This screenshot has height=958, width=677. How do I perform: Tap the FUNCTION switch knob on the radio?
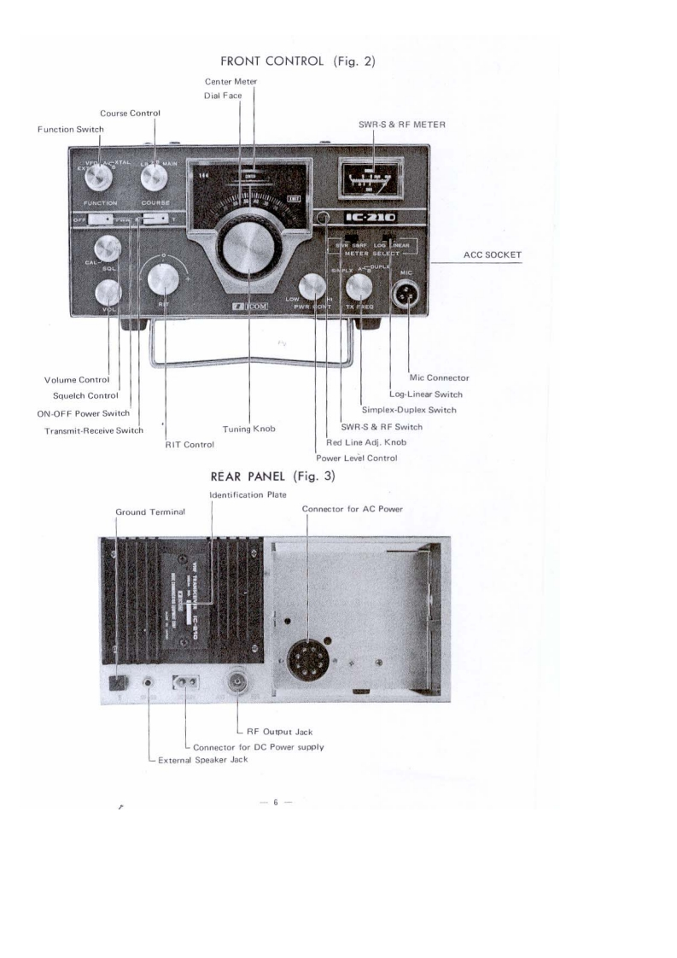(x=101, y=178)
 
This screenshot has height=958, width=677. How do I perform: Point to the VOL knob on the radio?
(x=108, y=293)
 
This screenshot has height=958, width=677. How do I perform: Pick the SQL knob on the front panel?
(x=108, y=248)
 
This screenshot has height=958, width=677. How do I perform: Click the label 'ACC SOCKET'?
(x=493, y=254)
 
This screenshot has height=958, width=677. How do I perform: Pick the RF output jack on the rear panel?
(x=236, y=681)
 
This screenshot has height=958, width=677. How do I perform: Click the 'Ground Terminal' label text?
(x=150, y=511)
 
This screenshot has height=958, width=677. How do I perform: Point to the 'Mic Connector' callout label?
(x=438, y=377)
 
